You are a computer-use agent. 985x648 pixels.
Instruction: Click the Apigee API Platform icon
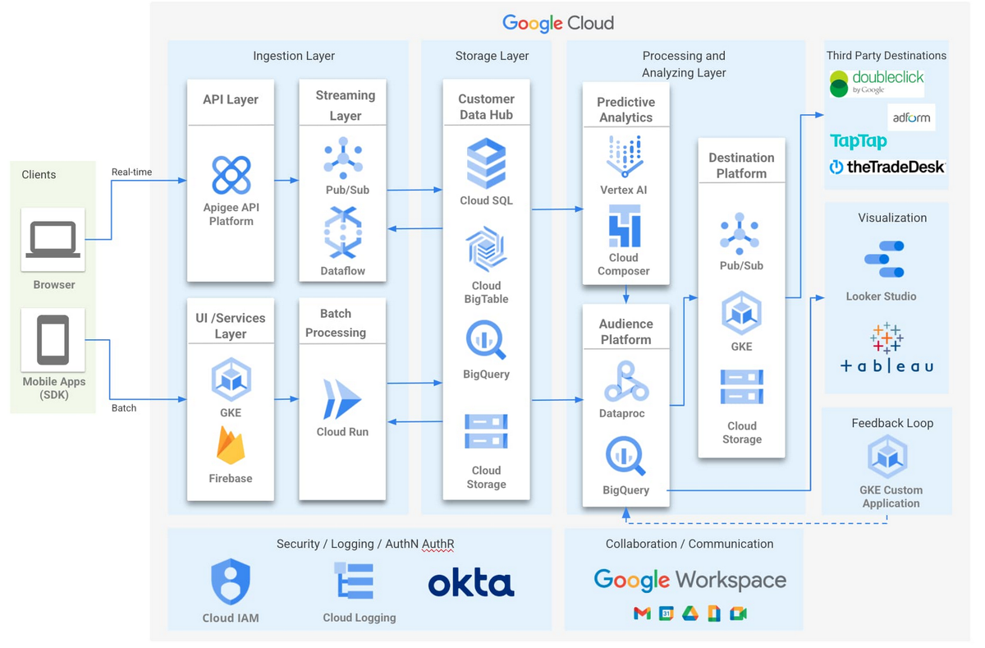(x=231, y=175)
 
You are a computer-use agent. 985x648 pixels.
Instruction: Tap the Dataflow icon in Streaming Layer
(x=342, y=234)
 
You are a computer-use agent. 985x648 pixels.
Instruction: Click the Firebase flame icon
(x=231, y=445)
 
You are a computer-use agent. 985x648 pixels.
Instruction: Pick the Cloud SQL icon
(x=486, y=164)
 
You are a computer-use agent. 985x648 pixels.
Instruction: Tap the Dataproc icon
(x=625, y=379)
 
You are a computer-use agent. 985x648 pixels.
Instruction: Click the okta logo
(x=471, y=583)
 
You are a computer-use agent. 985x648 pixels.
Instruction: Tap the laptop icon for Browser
(x=53, y=240)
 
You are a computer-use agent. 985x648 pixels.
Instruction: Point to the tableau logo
(x=886, y=351)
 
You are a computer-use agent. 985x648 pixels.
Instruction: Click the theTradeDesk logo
(x=886, y=167)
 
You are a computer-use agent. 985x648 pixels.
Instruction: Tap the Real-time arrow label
(x=131, y=172)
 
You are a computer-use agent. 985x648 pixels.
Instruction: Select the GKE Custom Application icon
(x=888, y=457)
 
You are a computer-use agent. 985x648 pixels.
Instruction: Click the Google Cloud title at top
(x=558, y=23)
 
